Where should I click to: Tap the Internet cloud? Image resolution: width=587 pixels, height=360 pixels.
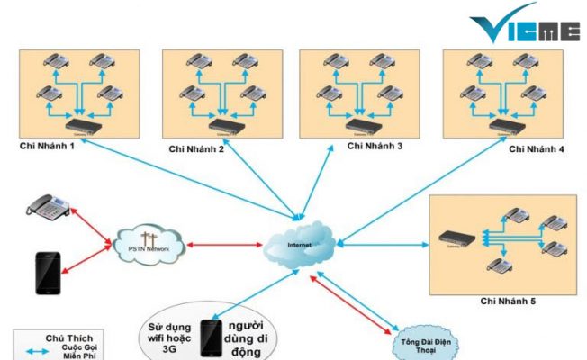[300, 244]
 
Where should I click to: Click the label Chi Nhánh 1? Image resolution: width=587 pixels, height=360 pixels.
[46, 146]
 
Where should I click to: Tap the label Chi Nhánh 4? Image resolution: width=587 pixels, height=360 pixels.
[537, 148]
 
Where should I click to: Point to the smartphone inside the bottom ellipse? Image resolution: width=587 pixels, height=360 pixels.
[211, 337]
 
